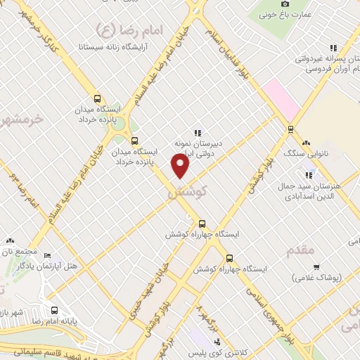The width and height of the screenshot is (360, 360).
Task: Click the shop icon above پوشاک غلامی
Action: click(316, 266)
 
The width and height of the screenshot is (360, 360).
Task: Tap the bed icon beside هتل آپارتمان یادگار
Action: click(47, 255)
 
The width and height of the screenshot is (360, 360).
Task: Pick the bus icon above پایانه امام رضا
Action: click(54, 310)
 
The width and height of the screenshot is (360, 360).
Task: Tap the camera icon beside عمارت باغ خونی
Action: click(285, 4)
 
